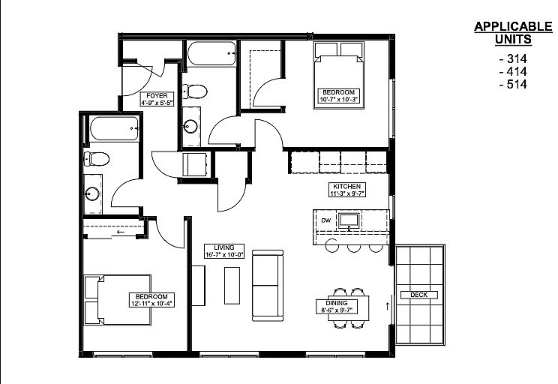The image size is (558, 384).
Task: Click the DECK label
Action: coord(418,295)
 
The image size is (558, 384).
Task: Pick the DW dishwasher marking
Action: coord(326,220)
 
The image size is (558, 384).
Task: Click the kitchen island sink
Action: coord(349,221)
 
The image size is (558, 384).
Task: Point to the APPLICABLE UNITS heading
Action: coord(513,33)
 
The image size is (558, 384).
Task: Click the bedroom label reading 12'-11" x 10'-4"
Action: coord(151,300)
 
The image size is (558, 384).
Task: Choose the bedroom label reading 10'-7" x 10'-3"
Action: coord(338,96)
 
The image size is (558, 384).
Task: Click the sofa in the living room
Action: coord(268,286)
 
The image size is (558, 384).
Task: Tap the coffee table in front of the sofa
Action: coord(232,286)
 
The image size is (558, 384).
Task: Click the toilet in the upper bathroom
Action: coord(194,91)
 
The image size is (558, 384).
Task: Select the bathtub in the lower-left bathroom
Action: coord(114,128)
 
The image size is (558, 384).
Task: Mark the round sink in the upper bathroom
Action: coord(190,126)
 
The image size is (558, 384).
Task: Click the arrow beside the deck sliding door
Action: coord(387,306)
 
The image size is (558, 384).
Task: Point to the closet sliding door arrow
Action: coord(121,232)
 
